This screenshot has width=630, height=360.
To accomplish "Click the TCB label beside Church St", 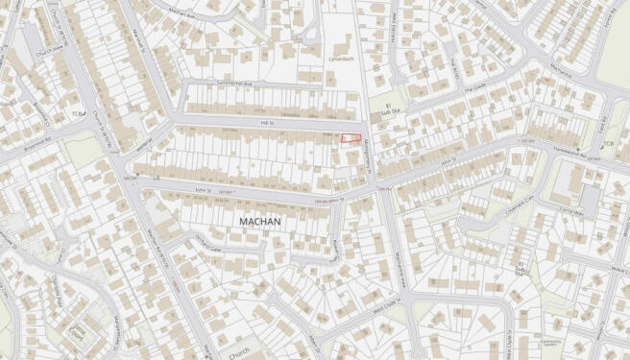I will pyautogui.click(x=77, y=112).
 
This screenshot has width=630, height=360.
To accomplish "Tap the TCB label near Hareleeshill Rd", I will pyautogui.click(x=607, y=145).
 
